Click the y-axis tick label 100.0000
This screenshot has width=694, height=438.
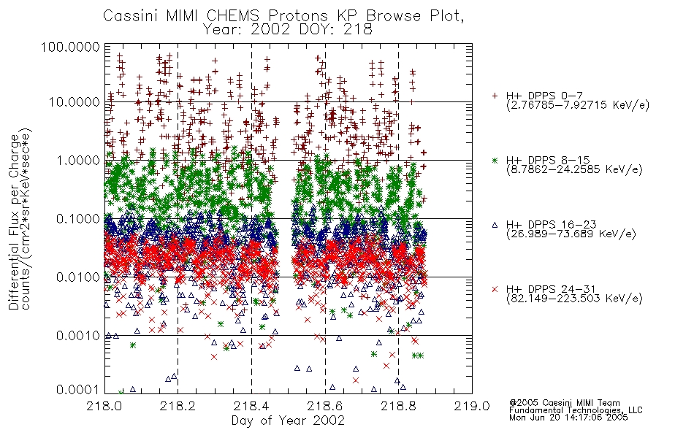[x=70, y=47]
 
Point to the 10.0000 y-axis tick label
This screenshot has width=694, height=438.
[x=75, y=102]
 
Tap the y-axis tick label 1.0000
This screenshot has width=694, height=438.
[x=78, y=161]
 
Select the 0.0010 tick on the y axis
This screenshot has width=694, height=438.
[x=78, y=336]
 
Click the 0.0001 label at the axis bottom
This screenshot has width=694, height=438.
[x=78, y=390]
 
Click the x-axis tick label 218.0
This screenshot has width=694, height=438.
[x=104, y=406]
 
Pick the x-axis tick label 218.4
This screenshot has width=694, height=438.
[x=251, y=406]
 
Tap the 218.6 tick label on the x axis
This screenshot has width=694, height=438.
[x=325, y=406]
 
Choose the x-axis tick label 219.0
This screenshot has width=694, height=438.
[x=472, y=406]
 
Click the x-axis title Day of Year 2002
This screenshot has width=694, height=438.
[x=288, y=420]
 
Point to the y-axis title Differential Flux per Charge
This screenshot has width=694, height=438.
[x=14, y=222]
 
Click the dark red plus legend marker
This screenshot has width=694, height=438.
[x=495, y=96]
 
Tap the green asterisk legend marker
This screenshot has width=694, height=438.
[x=495, y=160]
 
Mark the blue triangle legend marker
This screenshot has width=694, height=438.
[x=495, y=225]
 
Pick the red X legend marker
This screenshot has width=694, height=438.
[x=495, y=289]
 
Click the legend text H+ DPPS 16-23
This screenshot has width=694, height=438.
[x=551, y=225]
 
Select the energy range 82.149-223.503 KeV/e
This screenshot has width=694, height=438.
[x=574, y=299]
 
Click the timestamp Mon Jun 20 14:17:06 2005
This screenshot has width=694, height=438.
[x=568, y=418]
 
